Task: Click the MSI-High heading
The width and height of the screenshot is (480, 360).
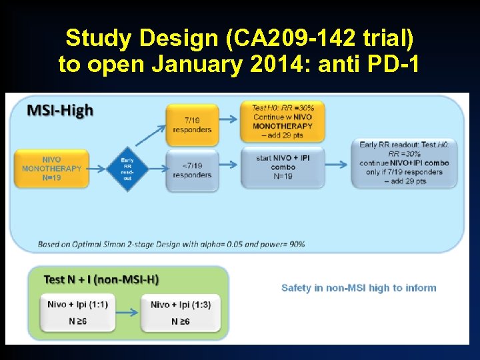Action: pyautogui.click(x=60, y=111)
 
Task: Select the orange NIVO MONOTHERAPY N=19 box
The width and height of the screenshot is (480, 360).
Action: pyautogui.click(x=51, y=169)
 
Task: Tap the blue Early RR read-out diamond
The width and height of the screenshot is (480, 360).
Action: pyautogui.click(x=127, y=169)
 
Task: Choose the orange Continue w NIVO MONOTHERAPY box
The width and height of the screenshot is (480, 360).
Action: pyautogui.click(x=283, y=121)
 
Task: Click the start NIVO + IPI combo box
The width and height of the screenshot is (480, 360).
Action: pyautogui.click(x=283, y=167)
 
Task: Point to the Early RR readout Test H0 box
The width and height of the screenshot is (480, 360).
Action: pyautogui.click(x=404, y=163)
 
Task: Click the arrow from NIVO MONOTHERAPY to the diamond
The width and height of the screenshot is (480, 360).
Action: pyautogui.click(x=96, y=169)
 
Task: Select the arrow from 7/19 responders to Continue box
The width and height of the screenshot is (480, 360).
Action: pyautogui.click(x=228, y=119)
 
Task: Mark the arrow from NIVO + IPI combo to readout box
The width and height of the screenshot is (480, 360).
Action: pyautogui.click(x=339, y=167)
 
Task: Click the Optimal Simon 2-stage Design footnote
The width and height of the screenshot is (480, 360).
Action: pyautogui.click(x=171, y=244)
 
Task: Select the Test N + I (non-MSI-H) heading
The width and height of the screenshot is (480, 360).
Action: pyautogui.click(x=101, y=279)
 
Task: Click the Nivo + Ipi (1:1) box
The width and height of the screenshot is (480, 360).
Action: pyautogui.click(x=77, y=313)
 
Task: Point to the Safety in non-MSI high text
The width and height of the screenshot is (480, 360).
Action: pyautogui.click(x=359, y=288)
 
